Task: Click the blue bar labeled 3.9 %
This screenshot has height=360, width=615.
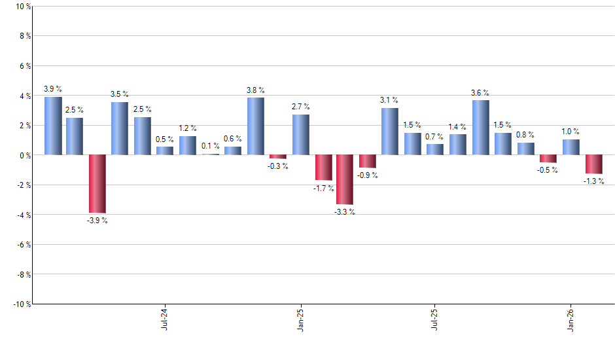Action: point(53,126)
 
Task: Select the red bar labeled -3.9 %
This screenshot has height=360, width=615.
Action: point(97,184)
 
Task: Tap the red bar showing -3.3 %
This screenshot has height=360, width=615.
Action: point(345,179)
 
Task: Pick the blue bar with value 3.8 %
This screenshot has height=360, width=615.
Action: point(256,126)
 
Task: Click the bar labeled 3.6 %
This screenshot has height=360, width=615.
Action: point(480,128)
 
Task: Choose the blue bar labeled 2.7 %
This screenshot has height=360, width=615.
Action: point(301,135)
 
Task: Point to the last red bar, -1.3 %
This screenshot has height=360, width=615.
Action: point(593,164)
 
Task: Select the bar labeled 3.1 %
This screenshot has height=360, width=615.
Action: point(390,132)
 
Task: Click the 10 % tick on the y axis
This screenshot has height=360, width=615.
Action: point(22,7)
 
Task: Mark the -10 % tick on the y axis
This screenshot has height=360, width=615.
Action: point(21,304)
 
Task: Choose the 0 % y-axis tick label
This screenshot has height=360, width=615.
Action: point(24,155)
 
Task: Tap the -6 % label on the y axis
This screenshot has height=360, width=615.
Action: point(23,245)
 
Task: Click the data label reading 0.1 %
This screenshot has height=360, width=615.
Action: point(211,146)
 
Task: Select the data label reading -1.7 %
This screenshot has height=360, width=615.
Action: point(323,189)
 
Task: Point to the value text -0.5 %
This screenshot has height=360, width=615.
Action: point(548,171)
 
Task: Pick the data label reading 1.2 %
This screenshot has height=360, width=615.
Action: point(188,128)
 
